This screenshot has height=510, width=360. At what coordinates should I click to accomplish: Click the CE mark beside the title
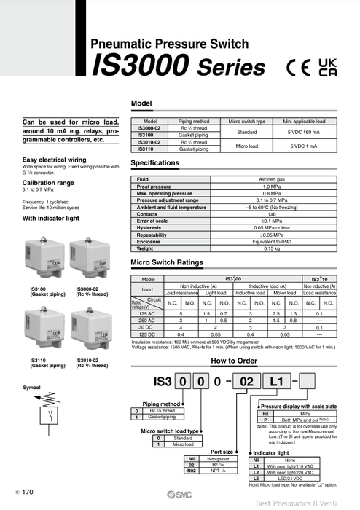(297, 67)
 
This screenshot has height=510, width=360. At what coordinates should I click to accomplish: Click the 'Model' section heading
(141, 103)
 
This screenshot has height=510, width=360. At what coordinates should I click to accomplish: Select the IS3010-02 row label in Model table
(151, 142)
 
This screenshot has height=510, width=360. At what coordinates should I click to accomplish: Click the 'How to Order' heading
(233, 361)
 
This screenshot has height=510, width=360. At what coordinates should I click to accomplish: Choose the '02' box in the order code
(246, 380)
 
